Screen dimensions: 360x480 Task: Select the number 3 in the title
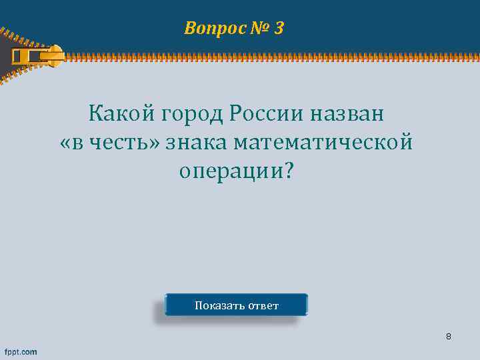[279, 28]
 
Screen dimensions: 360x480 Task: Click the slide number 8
[449, 337]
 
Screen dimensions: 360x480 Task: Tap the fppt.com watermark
[21, 351]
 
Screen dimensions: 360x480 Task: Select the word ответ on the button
[263, 306]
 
